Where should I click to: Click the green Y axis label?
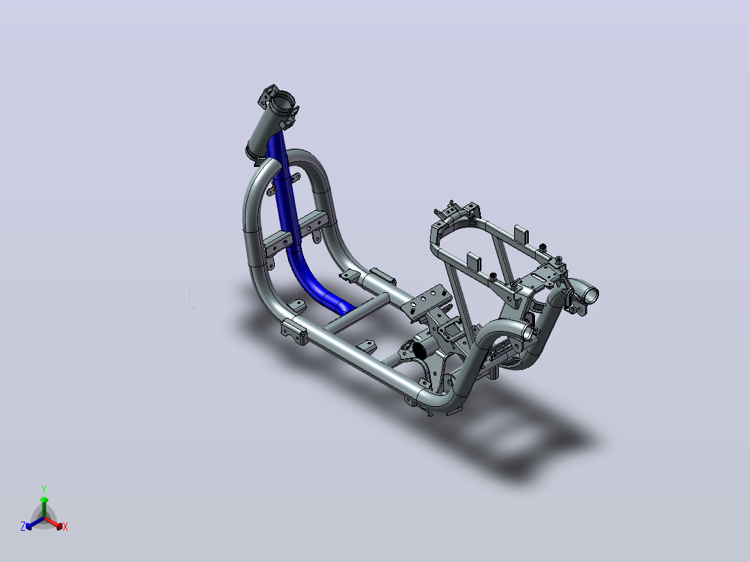(x=44, y=489)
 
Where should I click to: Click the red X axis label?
(x=65, y=527)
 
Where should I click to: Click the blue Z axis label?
(x=23, y=527)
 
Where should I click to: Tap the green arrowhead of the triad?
(x=44, y=500)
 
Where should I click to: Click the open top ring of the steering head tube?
(x=283, y=102)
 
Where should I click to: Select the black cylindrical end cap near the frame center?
(x=420, y=351)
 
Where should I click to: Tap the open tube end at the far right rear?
(x=589, y=294)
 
